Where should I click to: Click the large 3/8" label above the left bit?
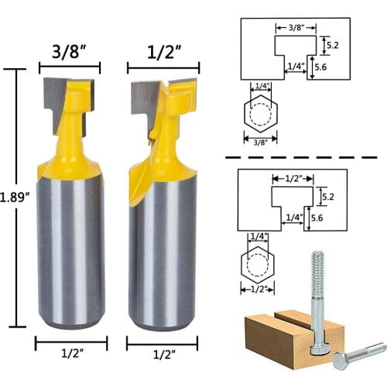[68, 54]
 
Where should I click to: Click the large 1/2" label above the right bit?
[163, 54]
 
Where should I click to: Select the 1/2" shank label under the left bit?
[70, 354]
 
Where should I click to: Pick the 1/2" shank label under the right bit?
[162, 354]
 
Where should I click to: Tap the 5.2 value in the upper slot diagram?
[331, 46]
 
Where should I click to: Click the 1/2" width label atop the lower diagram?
[293, 177]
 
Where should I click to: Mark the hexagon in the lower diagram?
[255, 265]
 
